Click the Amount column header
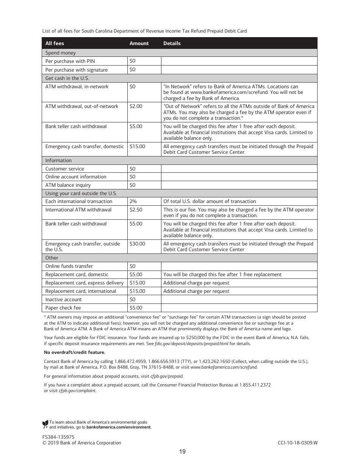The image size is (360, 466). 139,43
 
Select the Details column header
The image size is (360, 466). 172,43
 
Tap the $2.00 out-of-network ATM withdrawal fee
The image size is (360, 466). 136,106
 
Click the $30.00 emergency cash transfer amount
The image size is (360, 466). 137,244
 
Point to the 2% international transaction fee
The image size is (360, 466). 133,202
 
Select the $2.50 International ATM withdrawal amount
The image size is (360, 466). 136,210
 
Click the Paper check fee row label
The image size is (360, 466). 63,308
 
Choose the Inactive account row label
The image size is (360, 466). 63,300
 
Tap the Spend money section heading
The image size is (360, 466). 60,53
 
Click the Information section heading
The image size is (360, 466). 58,160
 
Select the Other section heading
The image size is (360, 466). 52,258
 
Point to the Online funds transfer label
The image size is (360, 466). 69,266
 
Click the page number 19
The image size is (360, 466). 182,452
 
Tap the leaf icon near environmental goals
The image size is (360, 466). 45,424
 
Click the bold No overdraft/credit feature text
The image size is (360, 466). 75,352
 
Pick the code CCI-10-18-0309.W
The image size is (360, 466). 297,443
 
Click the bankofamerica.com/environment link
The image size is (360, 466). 118,427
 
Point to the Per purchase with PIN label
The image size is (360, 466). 70,61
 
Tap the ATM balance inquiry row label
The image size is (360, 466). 68,185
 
